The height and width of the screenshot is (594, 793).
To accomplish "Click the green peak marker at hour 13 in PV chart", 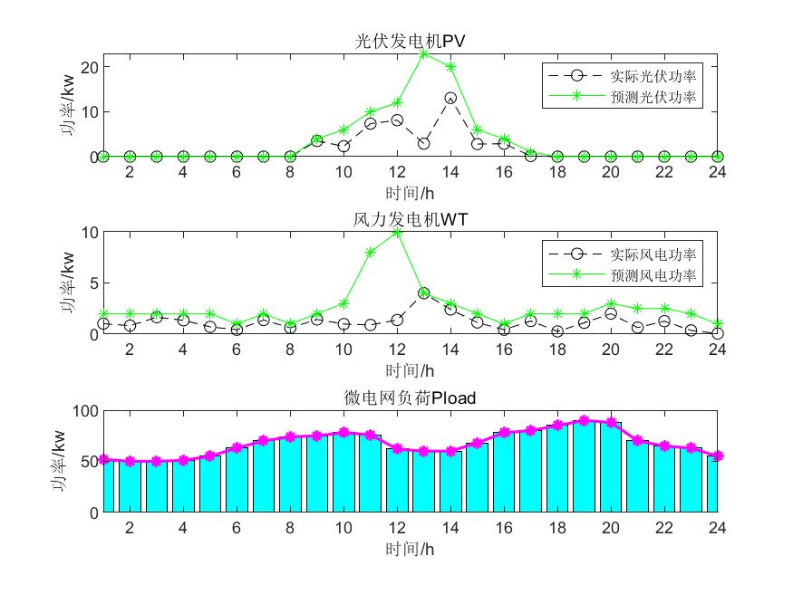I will [x=424, y=53].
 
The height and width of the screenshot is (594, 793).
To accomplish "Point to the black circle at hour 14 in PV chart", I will [x=450, y=98].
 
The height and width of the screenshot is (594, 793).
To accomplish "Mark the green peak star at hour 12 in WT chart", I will [x=397, y=233].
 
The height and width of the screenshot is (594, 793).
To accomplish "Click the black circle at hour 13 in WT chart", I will [x=424, y=292].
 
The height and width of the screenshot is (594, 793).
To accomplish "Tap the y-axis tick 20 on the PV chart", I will [x=89, y=67].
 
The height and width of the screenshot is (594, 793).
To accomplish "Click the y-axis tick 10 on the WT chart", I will [x=89, y=233].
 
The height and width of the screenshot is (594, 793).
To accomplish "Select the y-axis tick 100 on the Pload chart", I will [x=85, y=411].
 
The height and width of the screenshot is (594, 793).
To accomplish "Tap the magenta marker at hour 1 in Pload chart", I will [x=103, y=460].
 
